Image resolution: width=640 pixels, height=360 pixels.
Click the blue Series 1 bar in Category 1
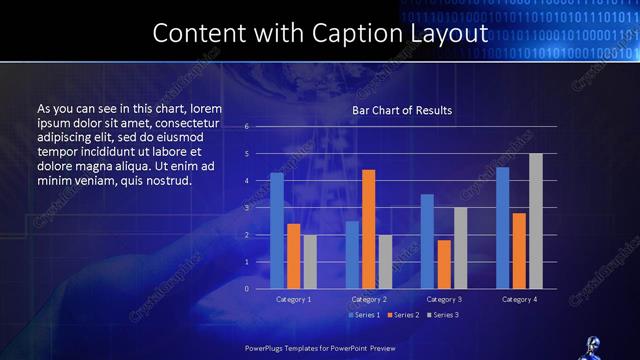pyautogui.click(x=277, y=231)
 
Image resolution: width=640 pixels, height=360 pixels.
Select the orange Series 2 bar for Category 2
pyautogui.click(x=368, y=229)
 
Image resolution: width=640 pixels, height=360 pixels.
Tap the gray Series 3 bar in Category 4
pyautogui.click(x=535, y=221)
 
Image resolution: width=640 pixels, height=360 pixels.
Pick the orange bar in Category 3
pyautogui.click(x=443, y=264)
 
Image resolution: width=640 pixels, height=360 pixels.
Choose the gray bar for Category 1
pyautogui.click(x=310, y=261)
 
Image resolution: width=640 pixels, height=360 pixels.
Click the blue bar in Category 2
pyautogui.click(x=352, y=255)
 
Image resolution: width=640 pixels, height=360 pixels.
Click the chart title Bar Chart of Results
pyautogui.click(x=402, y=109)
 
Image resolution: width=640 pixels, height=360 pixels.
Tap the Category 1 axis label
pyautogui.click(x=294, y=299)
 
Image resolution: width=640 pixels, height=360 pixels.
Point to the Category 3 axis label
pyautogui.click(x=444, y=299)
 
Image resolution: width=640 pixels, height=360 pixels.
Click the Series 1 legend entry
pyautogui.click(x=366, y=315)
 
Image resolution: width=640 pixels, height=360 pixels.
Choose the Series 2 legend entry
pyautogui.click(x=404, y=315)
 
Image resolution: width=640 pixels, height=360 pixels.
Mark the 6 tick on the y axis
pyautogui.click(x=247, y=127)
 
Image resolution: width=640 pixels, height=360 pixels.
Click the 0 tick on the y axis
pyautogui.click(x=247, y=288)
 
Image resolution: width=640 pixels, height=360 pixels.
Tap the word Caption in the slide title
pyautogui.click(x=363, y=33)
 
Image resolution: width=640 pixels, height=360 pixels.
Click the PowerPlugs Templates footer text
pyautogui.click(x=320, y=349)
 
